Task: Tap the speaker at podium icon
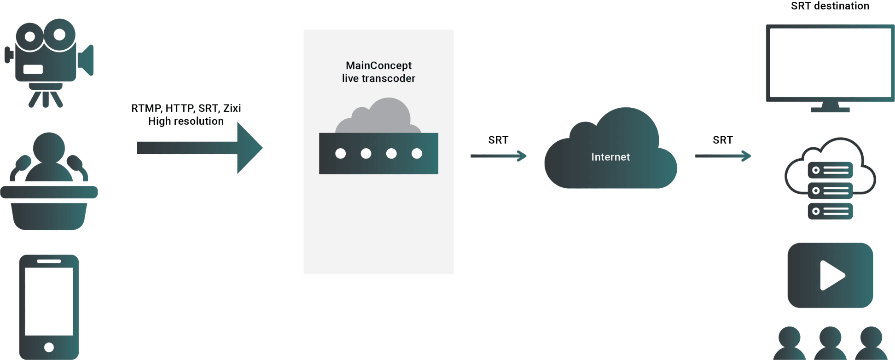click(x=49, y=184)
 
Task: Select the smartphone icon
click(x=49, y=306)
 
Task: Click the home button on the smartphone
click(x=49, y=347)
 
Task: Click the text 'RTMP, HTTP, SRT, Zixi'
click(x=186, y=108)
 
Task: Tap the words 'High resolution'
click(x=186, y=121)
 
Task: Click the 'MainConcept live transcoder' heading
click(x=378, y=72)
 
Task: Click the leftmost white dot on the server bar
click(x=340, y=153)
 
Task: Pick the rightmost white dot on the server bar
click(x=417, y=153)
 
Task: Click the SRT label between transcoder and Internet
click(x=498, y=140)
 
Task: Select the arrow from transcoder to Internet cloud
click(x=498, y=156)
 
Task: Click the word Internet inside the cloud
click(x=610, y=157)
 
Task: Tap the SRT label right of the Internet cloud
click(x=722, y=140)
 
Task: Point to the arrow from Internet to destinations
click(x=722, y=156)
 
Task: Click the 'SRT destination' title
click(x=830, y=6)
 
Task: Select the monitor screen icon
click(x=830, y=63)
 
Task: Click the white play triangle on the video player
click(x=831, y=276)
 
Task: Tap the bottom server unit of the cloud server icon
click(x=830, y=211)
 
